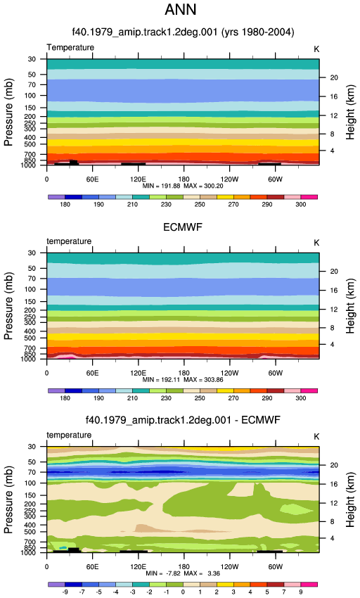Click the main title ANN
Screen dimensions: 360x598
pos(181,10)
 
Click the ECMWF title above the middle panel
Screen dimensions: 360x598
pos(183,227)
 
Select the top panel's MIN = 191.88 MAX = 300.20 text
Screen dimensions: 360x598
pos(183,186)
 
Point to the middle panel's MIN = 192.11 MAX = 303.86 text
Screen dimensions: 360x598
pos(183,380)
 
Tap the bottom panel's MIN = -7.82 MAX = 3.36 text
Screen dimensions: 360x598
pos(183,573)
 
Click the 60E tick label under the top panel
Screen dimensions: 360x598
pos(92,179)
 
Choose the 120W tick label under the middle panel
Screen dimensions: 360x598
pos(230,373)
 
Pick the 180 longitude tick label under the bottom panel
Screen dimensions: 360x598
pos(184,567)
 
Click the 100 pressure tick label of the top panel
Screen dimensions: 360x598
pos(30,96)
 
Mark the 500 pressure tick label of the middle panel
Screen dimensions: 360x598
pos(30,338)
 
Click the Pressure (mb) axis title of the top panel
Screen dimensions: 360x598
pos(8,112)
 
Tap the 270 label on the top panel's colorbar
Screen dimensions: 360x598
pos(233,205)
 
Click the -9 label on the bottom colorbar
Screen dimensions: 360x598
pos(65,592)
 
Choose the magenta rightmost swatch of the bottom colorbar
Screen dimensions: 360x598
pos(309,584)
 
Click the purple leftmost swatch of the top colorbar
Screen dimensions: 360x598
pos(56,197)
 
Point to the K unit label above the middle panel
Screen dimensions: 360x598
pos(316,243)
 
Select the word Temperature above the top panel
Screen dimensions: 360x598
pos(70,47)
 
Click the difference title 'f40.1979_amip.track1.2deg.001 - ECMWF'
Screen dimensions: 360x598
pos(183,420)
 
